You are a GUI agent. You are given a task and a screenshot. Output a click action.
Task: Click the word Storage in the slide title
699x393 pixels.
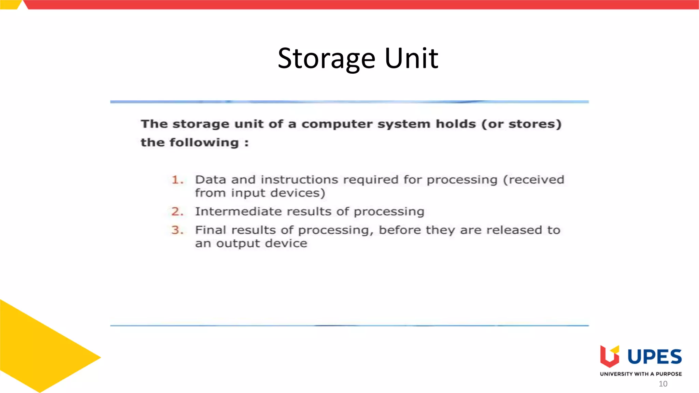coord(327,59)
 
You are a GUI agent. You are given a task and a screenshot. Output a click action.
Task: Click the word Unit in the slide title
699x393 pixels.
coord(411,58)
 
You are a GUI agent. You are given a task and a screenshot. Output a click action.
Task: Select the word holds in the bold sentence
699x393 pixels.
coord(456,123)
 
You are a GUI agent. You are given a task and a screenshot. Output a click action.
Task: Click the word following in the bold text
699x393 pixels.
coord(204,143)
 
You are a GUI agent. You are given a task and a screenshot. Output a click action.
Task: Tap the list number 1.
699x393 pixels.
coord(177,180)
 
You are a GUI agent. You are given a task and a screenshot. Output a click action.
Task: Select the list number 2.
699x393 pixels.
coord(177,212)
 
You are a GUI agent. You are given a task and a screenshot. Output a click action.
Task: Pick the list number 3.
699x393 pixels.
coord(177,230)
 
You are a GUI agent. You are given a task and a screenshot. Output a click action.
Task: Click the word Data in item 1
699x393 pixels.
coord(210,180)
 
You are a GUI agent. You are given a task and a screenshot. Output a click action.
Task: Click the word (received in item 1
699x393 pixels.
coord(534,180)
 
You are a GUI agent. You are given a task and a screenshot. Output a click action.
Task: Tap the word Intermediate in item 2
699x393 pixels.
coord(238,212)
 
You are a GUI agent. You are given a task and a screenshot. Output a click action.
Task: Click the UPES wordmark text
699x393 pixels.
coord(655,357)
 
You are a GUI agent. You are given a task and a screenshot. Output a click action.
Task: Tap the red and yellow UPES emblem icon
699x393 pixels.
coord(610,356)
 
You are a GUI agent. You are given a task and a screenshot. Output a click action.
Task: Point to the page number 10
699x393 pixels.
coord(663,384)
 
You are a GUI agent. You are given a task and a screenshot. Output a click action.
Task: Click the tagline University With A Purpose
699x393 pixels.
coord(641,374)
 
